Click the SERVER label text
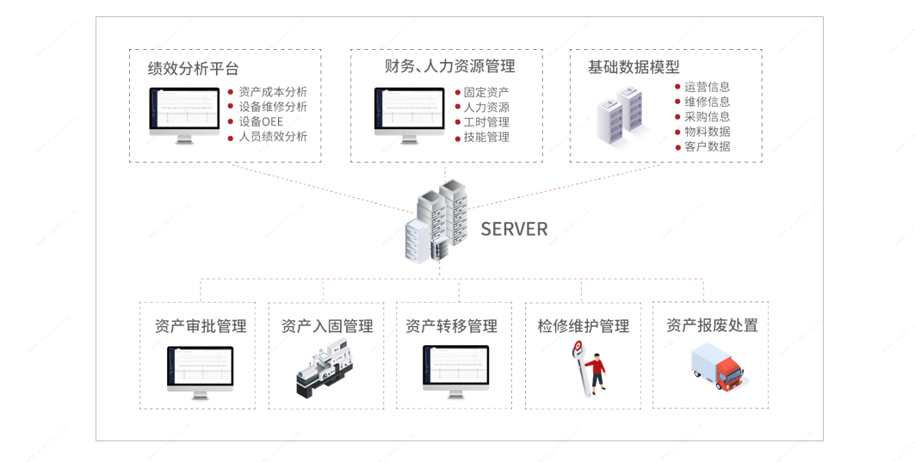(x=514, y=229)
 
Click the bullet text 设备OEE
(x=261, y=121)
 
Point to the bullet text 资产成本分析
(x=273, y=92)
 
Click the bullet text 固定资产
(x=486, y=92)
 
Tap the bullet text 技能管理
(x=486, y=137)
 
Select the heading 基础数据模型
(x=634, y=66)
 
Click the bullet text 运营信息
(x=708, y=87)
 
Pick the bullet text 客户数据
(x=708, y=146)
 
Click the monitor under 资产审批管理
(x=200, y=371)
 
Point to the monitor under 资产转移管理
(x=455, y=370)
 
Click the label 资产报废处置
(x=712, y=325)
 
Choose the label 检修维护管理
(x=584, y=326)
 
